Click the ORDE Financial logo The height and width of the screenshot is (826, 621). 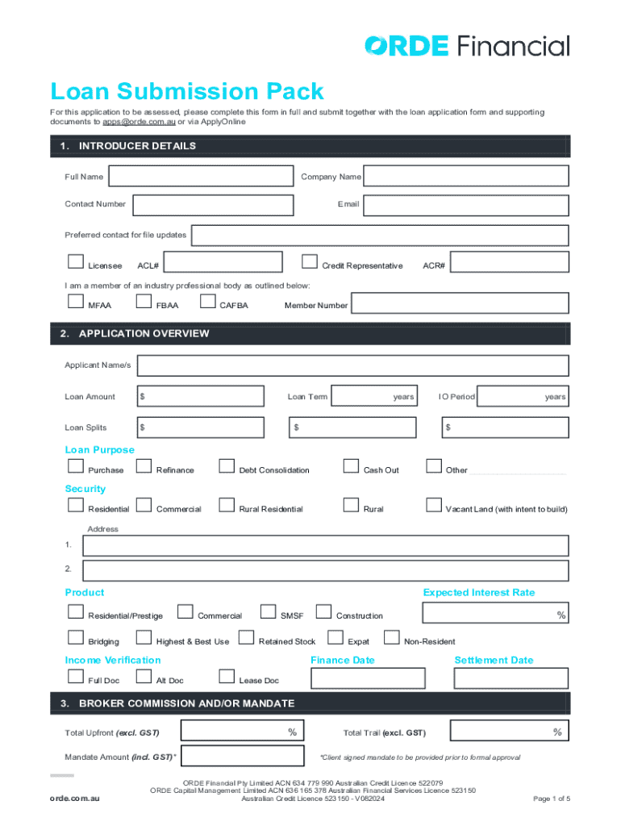point(466,45)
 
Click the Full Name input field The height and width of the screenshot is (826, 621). point(200,177)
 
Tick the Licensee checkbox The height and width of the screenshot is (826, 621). point(76,261)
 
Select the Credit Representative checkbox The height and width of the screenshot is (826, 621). point(309,261)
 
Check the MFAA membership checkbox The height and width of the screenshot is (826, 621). point(76,302)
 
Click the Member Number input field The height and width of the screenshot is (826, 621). point(461,303)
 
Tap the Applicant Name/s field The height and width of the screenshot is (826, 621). point(352,365)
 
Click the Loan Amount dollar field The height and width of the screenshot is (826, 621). point(200,396)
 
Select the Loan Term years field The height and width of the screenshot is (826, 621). point(374,396)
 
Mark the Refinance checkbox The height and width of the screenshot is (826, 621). point(144,465)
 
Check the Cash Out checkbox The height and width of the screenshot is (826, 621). point(351,465)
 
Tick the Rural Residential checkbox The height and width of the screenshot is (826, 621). point(227,505)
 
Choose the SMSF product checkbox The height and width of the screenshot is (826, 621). point(268,611)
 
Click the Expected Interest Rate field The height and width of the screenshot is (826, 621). point(495,615)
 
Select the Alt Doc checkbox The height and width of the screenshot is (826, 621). point(144,677)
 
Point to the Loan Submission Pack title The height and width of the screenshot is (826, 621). point(186,91)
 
